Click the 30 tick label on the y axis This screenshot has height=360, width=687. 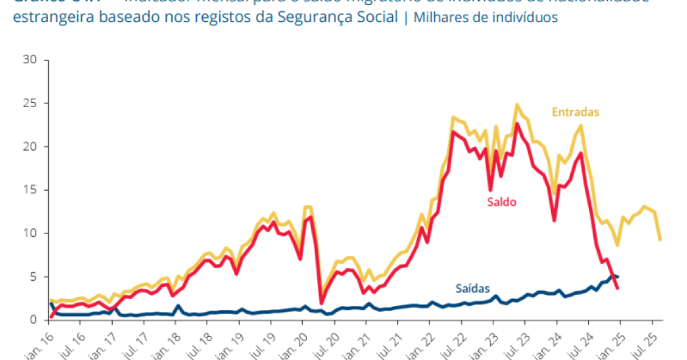pyautogui.click(x=30, y=60)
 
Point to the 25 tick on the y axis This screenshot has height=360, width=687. pyautogui.click(x=30, y=103)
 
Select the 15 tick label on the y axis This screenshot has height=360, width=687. pyautogui.click(x=30, y=190)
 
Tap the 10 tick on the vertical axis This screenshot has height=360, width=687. pyautogui.click(x=30, y=233)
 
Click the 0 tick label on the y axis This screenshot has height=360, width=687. pyautogui.click(x=33, y=320)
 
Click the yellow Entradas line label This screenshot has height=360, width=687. pyautogui.click(x=576, y=112)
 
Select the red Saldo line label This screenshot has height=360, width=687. pyautogui.click(x=501, y=202)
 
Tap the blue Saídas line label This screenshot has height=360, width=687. pyautogui.click(x=472, y=289)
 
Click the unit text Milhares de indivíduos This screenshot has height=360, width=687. pyautogui.click(x=485, y=17)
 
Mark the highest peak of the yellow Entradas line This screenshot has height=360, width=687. pyautogui.click(x=517, y=105)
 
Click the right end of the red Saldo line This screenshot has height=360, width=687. pyautogui.click(x=618, y=288)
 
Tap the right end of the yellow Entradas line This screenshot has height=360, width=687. pyautogui.click(x=661, y=239)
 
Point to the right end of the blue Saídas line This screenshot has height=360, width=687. pyautogui.click(x=618, y=277)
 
